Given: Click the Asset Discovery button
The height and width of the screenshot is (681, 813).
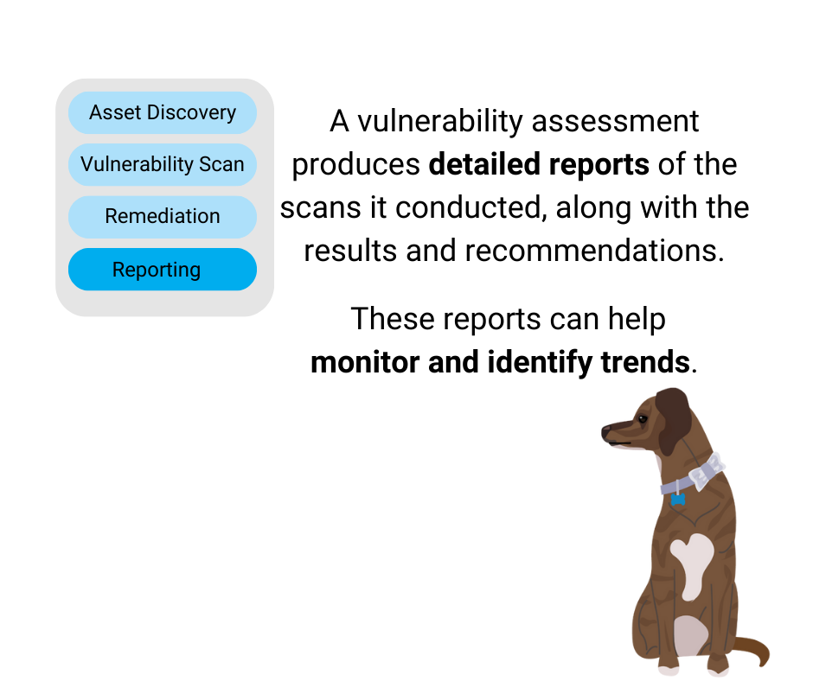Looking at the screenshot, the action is [163, 112].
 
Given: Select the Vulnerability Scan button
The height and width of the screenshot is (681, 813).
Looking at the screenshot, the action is [163, 164].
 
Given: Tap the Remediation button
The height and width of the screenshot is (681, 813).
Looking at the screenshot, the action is [163, 217].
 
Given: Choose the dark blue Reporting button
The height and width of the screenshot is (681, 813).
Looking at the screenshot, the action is [163, 269].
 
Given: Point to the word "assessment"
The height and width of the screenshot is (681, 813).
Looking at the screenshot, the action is [615, 122].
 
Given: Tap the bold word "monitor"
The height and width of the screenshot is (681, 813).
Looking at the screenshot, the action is [365, 362].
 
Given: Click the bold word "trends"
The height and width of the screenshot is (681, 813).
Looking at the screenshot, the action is [645, 362].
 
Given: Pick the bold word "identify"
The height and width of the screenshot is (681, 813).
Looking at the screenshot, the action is [540, 363].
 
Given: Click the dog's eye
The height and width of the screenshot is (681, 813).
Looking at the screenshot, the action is [643, 419].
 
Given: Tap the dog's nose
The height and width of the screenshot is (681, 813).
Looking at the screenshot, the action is [606, 432].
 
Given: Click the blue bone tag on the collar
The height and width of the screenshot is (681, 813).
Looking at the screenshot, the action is [678, 500].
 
